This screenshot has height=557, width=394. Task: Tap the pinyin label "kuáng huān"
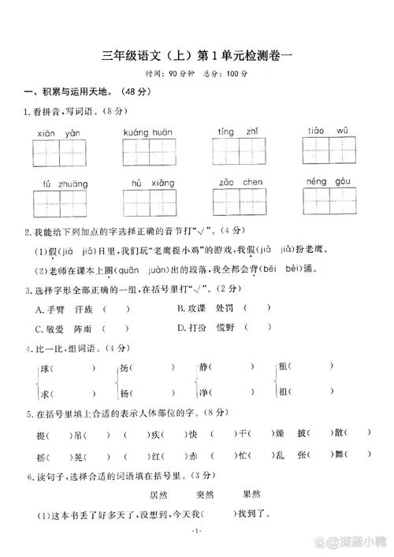coord(147,132)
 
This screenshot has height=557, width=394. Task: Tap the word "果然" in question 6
coord(252,494)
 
